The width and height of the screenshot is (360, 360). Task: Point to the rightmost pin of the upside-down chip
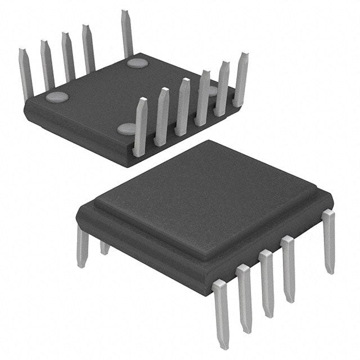click(x=241, y=79)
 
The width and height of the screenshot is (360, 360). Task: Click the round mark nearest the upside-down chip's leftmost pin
click(x=57, y=97)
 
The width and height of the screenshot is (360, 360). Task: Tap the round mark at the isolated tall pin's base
click(x=137, y=62)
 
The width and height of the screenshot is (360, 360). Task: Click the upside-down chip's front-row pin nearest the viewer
click(x=140, y=127)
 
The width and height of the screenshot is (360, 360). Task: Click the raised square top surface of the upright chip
click(x=202, y=191)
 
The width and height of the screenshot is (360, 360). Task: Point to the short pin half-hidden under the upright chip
click(x=105, y=247)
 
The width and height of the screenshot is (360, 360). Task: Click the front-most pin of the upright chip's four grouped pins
click(x=221, y=312)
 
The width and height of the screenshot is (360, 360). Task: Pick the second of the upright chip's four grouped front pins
click(x=245, y=298)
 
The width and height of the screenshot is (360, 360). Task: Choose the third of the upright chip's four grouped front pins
click(x=267, y=284)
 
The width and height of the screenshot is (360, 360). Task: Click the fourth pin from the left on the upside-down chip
click(x=88, y=49)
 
